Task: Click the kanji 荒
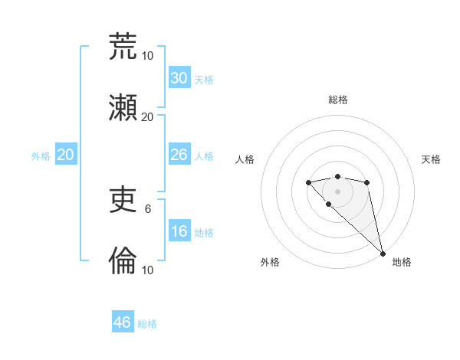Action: (x=123, y=47)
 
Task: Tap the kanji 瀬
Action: (x=123, y=108)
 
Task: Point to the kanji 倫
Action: (x=123, y=262)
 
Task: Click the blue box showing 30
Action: (x=179, y=78)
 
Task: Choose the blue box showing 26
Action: (x=179, y=155)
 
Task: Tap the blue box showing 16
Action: (x=179, y=231)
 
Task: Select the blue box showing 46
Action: (x=123, y=322)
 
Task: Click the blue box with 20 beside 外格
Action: (x=66, y=155)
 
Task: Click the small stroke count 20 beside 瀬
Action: (x=148, y=116)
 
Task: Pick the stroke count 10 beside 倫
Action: (x=148, y=270)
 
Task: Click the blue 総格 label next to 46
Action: (x=147, y=324)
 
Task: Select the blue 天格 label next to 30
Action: (x=204, y=80)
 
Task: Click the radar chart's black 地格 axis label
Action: (x=402, y=262)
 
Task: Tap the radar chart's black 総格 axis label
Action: (x=338, y=100)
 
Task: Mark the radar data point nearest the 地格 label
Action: (x=383, y=254)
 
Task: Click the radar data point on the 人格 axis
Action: (x=308, y=182)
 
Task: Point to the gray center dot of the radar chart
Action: (x=337, y=191)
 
